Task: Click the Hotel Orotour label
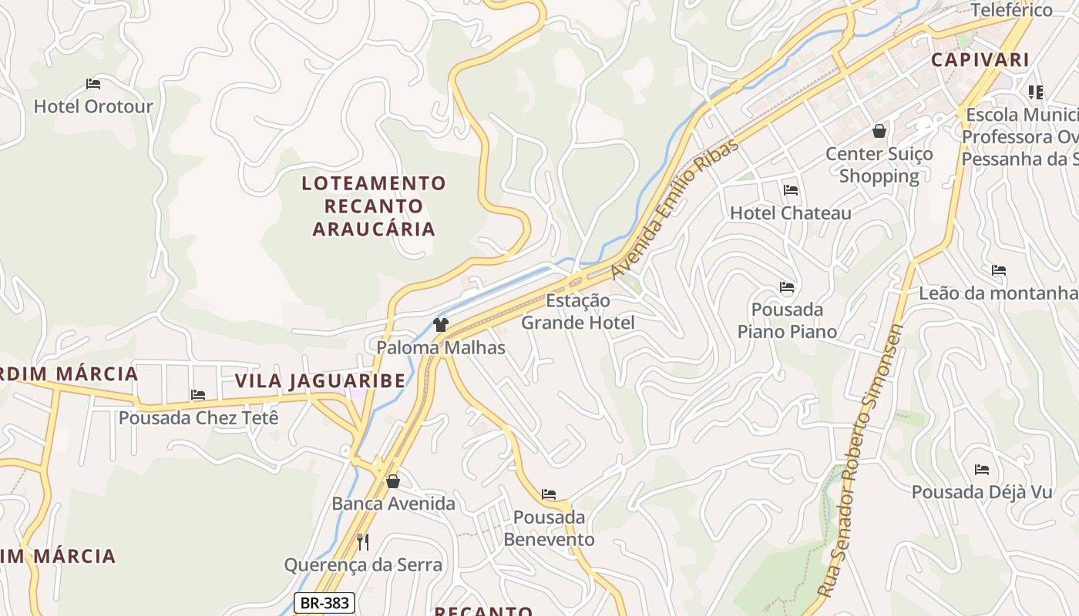[x=93, y=106]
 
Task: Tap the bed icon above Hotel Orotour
[x=93, y=83]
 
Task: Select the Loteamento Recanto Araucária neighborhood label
[x=374, y=206]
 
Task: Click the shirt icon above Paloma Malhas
[x=441, y=325]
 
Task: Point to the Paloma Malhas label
[x=441, y=347]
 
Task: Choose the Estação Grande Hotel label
[x=578, y=311]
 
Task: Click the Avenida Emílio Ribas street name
[x=674, y=209]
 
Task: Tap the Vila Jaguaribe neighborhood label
[x=320, y=380]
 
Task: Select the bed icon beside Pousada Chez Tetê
[x=198, y=395]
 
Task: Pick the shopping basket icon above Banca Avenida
[x=393, y=481]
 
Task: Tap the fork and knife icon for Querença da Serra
[x=363, y=542]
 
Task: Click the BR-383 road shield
[x=324, y=603]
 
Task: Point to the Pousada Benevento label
[x=549, y=527]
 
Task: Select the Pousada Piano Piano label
[x=787, y=320]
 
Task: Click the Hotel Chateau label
[x=790, y=213]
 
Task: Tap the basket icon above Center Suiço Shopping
[x=879, y=131]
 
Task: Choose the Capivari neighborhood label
[x=980, y=59]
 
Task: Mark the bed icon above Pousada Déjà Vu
[x=981, y=469]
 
